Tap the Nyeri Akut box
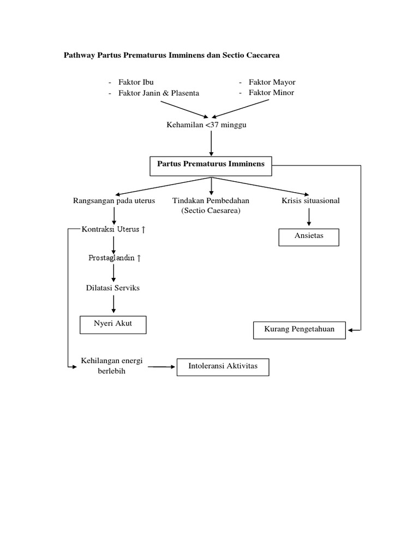(x=113, y=324)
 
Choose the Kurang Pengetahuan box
(x=299, y=330)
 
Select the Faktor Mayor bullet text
(x=272, y=82)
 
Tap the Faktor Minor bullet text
(x=271, y=93)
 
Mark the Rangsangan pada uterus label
(x=114, y=201)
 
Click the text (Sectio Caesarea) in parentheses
(x=211, y=211)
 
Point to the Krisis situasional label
(x=310, y=201)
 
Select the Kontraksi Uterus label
(x=113, y=229)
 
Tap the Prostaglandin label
(x=115, y=258)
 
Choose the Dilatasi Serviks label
(x=112, y=288)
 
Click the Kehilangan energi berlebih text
(x=111, y=367)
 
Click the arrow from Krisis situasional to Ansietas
(x=309, y=217)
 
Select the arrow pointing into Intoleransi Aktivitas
(x=161, y=367)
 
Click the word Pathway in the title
(x=79, y=55)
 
